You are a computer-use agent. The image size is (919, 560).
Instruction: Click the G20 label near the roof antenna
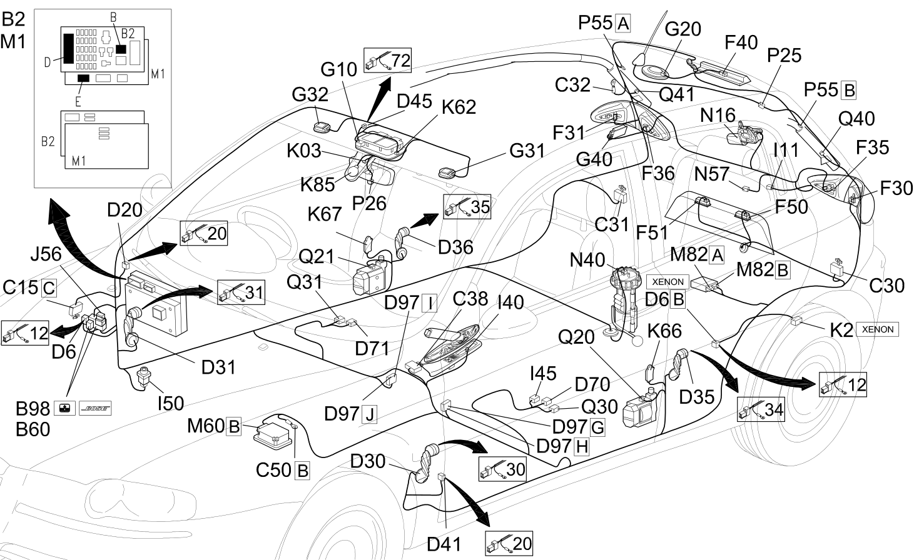[683, 29]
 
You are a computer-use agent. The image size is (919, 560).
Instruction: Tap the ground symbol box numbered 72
[387, 61]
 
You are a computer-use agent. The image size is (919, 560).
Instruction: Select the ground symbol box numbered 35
[467, 207]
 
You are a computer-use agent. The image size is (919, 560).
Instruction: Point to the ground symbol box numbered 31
[241, 292]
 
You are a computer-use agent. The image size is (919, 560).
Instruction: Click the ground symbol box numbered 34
[761, 409]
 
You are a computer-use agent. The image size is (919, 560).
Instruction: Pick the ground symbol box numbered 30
[502, 469]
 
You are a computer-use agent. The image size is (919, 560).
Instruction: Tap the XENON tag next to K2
[878, 329]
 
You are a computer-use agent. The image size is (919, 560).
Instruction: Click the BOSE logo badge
[95, 408]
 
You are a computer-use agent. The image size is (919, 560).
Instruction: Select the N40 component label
[587, 260]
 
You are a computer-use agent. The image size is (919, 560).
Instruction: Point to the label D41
[444, 544]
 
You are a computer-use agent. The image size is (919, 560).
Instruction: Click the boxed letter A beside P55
[623, 23]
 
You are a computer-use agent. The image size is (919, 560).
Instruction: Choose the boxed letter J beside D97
[370, 414]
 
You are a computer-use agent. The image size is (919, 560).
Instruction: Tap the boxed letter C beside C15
[49, 288]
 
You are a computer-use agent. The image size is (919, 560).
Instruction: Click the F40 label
[741, 42]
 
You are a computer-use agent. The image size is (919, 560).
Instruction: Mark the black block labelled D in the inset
[69, 48]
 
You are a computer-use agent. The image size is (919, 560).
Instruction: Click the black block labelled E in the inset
[83, 78]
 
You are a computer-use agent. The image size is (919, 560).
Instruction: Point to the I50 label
[171, 404]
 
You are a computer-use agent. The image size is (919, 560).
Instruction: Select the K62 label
[459, 107]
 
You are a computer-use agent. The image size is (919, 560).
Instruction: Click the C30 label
[886, 286]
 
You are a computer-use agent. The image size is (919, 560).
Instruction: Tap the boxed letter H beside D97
[582, 446]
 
